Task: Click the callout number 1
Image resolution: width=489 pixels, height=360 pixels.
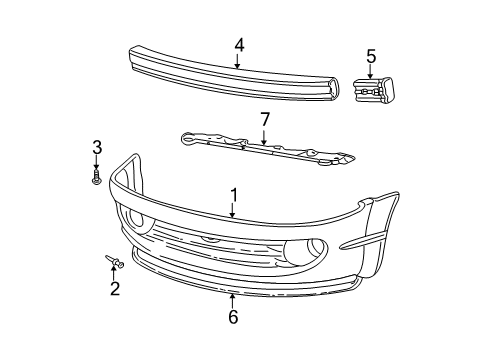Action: coord(233,195)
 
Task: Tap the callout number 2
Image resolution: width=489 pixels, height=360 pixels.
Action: coord(115,290)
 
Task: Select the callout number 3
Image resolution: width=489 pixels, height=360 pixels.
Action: coord(97,148)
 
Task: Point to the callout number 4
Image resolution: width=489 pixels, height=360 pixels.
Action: coord(238,45)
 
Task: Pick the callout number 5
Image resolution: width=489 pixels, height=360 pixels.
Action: coord(371,56)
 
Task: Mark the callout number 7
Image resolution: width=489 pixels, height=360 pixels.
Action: coord(264,120)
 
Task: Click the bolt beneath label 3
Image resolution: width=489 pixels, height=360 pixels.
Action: coord(97,179)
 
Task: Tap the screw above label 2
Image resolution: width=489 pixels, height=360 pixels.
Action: coord(114,263)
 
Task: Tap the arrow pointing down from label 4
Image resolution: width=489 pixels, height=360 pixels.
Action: coord(238,61)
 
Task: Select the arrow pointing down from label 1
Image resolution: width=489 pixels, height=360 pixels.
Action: coord(233,210)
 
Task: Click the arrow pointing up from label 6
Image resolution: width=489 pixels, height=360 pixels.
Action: coord(233,301)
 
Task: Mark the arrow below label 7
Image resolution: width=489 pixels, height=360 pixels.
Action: coord(264,136)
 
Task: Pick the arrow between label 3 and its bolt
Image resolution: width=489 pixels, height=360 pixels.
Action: coord(97,164)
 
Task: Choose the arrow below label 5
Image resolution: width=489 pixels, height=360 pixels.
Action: coord(371,71)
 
